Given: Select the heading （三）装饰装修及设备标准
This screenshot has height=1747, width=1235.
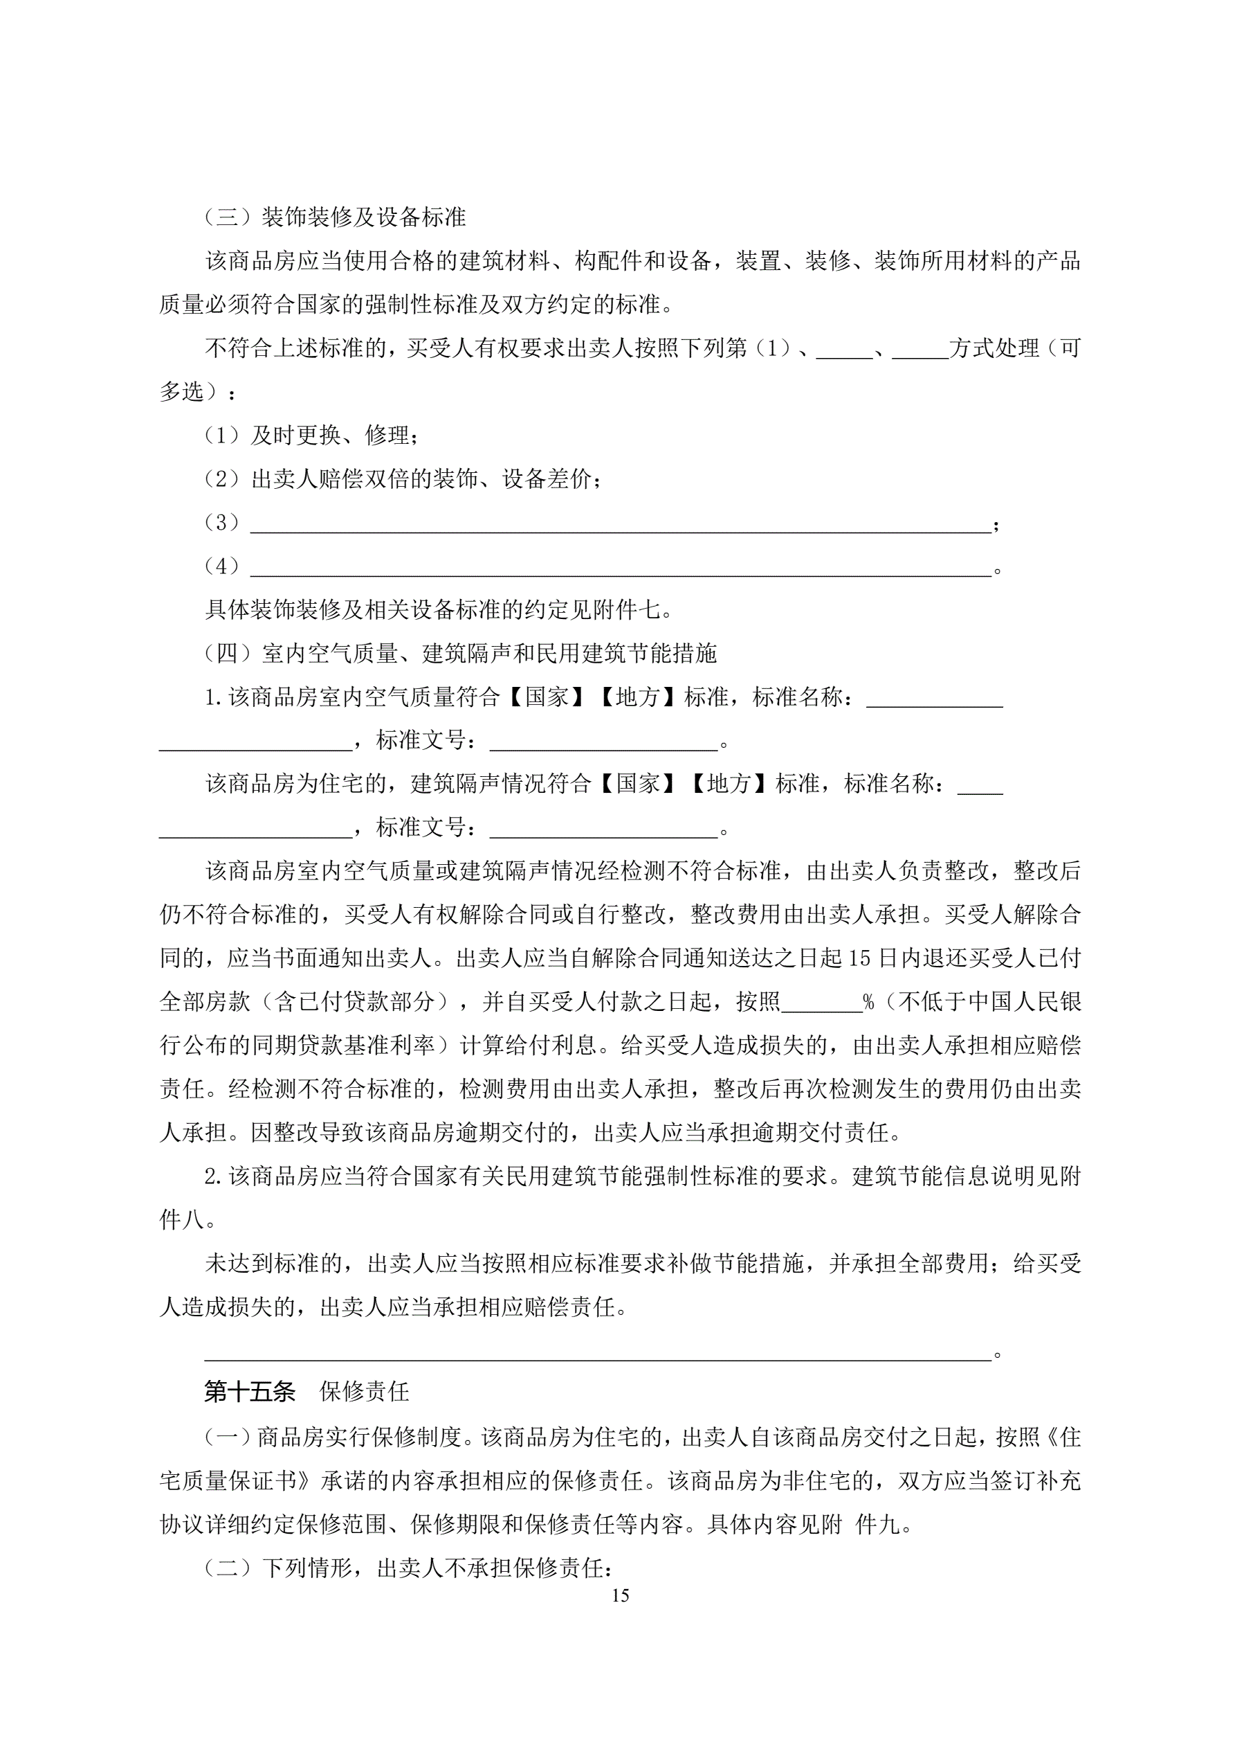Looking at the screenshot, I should [x=336, y=217].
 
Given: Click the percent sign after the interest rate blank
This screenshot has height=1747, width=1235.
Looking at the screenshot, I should [x=868, y=1002].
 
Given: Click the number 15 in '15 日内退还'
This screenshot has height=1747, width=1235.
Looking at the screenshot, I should [x=859, y=959].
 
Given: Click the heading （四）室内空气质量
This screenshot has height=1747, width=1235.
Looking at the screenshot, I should [x=461, y=654].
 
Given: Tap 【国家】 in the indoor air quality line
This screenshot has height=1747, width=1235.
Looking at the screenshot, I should [x=546, y=697].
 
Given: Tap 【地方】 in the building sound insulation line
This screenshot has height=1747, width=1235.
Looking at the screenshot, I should [x=729, y=784].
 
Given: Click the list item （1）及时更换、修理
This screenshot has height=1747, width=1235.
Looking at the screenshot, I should [x=312, y=436].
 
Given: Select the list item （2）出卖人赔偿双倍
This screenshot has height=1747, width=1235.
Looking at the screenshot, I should [x=404, y=479].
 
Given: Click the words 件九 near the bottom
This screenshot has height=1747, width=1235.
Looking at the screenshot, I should [x=879, y=1525].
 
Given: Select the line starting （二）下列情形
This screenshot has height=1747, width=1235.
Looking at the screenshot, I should [x=409, y=1568].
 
